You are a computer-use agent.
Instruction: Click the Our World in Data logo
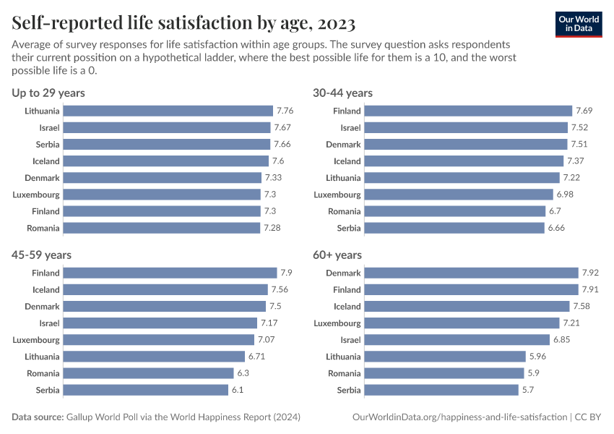(x=579, y=23)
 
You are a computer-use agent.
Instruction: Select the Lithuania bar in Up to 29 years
(x=168, y=111)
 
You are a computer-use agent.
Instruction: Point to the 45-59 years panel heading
(x=41, y=255)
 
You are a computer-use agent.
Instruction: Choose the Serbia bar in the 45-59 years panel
(x=146, y=390)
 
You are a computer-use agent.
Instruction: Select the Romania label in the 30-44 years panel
(x=344, y=211)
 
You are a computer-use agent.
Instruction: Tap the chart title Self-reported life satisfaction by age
(x=183, y=24)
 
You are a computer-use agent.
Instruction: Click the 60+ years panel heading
(x=337, y=255)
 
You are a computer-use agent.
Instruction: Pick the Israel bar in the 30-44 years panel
(x=466, y=127)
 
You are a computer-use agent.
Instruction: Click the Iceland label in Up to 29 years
(x=46, y=161)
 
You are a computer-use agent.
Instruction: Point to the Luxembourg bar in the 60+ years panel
(x=462, y=323)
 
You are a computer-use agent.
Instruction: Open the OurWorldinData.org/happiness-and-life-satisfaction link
(x=459, y=417)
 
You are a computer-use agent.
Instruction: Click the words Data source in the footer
(x=37, y=417)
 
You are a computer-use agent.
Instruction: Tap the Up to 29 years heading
(x=48, y=93)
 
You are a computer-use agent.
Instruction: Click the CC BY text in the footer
(x=588, y=417)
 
